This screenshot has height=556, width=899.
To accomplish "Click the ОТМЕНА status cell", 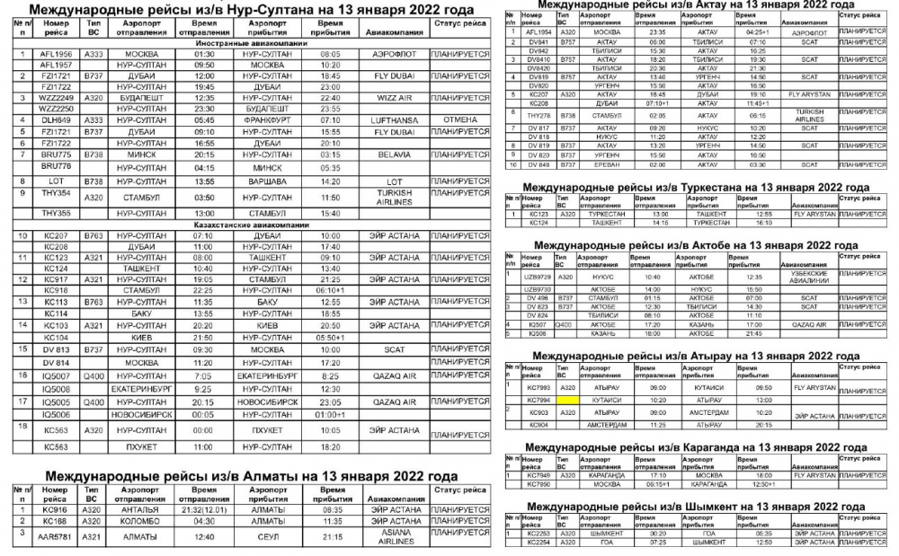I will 460,119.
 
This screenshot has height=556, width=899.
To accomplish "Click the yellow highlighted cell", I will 568,400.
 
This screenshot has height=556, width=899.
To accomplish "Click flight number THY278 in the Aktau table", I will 539,115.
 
